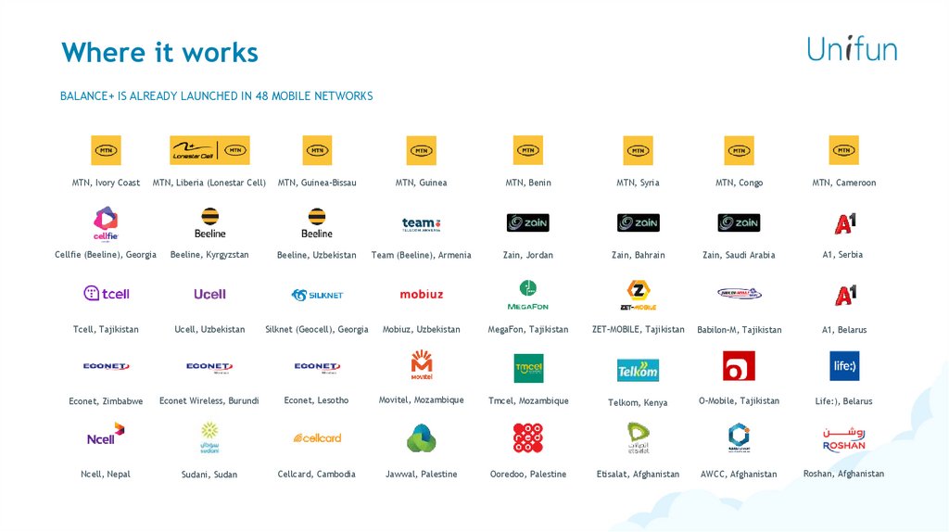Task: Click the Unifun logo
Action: [851, 48]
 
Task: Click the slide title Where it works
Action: [159, 52]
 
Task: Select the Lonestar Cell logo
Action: [209, 150]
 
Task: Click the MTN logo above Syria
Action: [638, 150]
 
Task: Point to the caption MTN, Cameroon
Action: [843, 183]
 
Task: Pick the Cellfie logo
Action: [106, 223]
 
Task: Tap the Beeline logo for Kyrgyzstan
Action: [210, 222]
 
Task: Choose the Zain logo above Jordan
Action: [528, 222]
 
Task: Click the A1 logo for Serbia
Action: [844, 222]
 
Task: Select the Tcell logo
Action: [106, 294]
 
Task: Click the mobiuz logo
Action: [422, 295]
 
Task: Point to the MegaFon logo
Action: [528, 295]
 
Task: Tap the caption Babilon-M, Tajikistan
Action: [739, 330]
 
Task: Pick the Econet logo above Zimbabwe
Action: [106, 367]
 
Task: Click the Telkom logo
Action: [638, 370]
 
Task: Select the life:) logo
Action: [844, 366]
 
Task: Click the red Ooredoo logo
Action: [528, 437]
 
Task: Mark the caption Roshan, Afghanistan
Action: [843, 474]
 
